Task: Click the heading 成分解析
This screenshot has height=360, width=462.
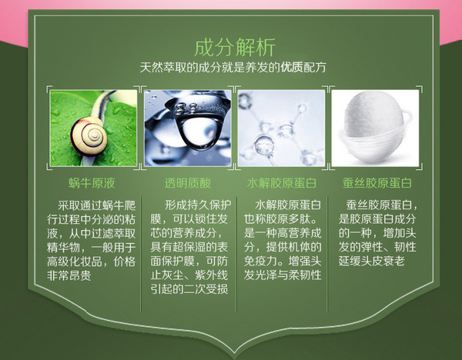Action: [235, 47]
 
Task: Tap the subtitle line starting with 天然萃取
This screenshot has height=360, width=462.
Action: [233, 68]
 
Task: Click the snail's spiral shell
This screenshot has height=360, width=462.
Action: [89, 135]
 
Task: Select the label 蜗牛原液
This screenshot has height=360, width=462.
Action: [92, 183]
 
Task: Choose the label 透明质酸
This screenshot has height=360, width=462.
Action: [188, 183]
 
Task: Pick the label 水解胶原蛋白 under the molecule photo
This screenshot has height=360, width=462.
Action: [281, 183]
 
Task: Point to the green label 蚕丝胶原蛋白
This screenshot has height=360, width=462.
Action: [377, 183]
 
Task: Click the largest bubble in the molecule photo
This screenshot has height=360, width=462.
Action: [264, 145]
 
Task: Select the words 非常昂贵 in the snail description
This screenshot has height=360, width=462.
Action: [69, 275]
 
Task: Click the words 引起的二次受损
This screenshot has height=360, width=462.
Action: [189, 290]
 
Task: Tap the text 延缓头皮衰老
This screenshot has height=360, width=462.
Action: [372, 262]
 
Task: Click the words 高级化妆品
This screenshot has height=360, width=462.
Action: [75, 262]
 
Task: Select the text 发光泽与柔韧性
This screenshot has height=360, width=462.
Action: [283, 275]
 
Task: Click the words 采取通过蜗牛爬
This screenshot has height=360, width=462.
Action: [97, 205]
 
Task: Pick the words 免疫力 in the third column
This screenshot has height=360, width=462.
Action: [260, 262]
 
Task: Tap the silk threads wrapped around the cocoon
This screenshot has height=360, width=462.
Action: [376, 147]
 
